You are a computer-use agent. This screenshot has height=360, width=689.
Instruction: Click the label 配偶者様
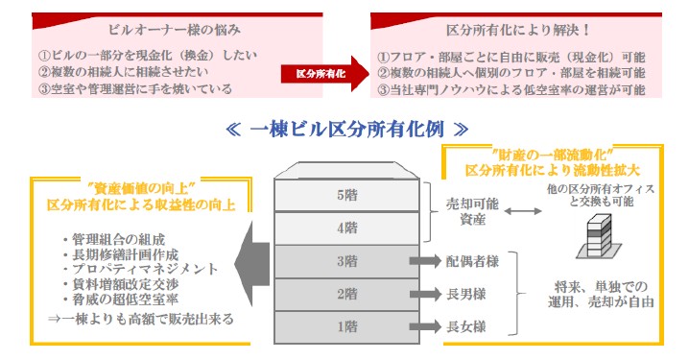point(470,260)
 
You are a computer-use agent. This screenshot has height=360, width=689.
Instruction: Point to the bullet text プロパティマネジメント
point(140,270)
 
